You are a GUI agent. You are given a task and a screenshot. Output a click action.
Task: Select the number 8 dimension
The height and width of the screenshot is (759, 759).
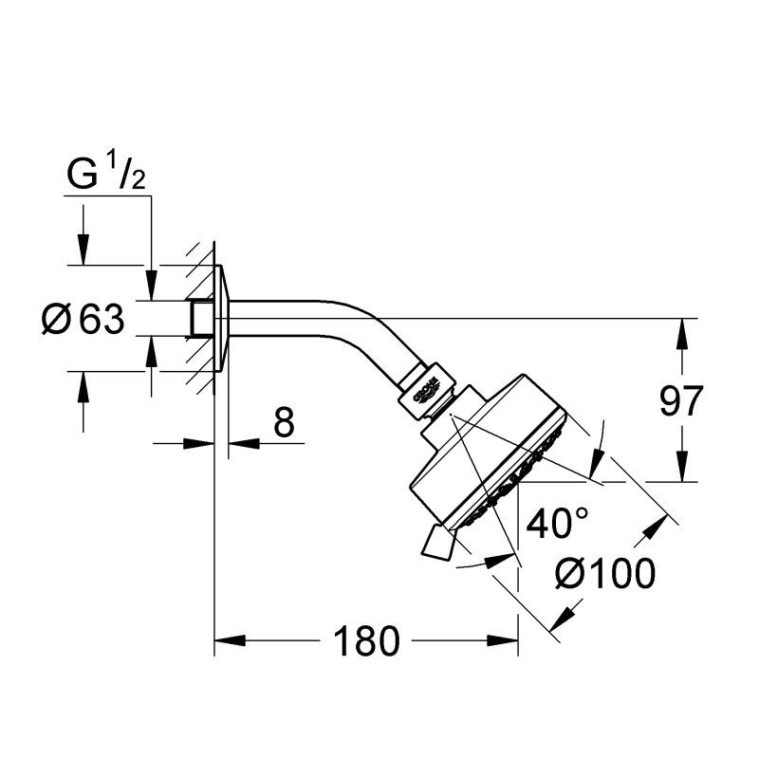pyautogui.click(x=284, y=422)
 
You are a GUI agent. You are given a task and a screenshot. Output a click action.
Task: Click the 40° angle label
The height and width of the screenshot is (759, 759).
pyautogui.click(x=557, y=524)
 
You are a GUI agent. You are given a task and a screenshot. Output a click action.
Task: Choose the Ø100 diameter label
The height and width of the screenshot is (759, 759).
pyautogui.click(x=606, y=574)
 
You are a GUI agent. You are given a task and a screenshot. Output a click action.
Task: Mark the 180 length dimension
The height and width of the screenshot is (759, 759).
pyautogui.click(x=365, y=643)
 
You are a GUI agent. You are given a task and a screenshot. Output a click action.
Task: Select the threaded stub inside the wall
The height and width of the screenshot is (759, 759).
pyautogui.click(x=200, y=318)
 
